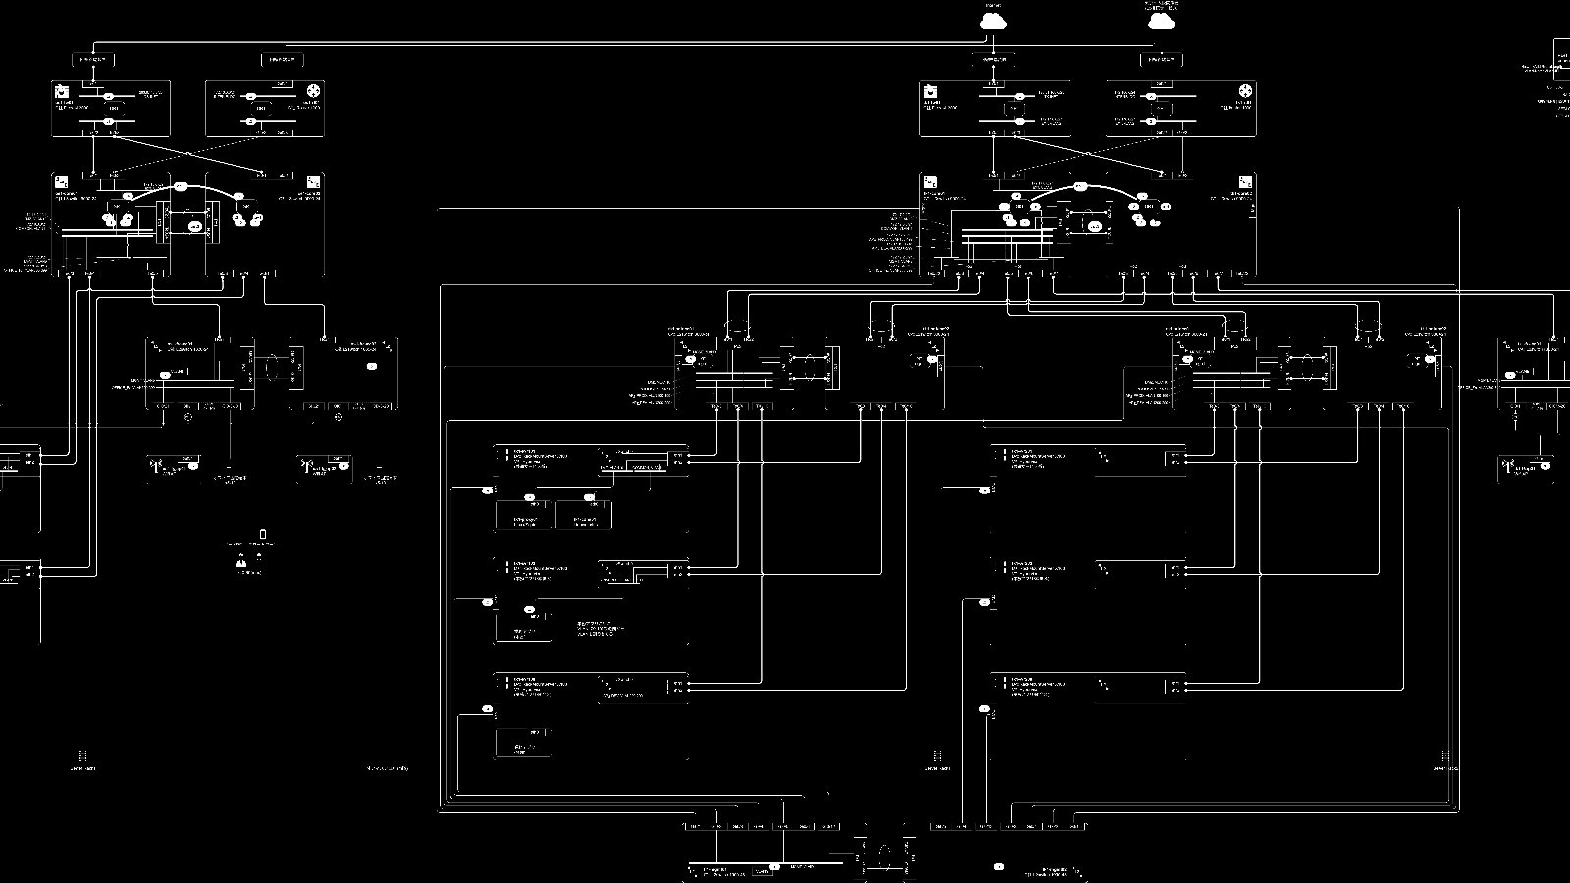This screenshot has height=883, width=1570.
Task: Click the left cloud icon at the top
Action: (x=993, y=20)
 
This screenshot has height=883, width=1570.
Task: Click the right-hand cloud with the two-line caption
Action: (x=1162, y=20)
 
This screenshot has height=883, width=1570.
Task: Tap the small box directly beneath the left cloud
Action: (x=993, y=60)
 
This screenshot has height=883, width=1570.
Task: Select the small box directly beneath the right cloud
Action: (x=1162, y=60)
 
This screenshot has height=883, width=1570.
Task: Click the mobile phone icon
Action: (x=262, y=535)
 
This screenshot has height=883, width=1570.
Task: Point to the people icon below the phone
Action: (x=240, y=561)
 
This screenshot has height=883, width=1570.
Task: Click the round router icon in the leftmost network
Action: (x=314, y=92)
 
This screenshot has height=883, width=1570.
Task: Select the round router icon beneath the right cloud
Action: (x=1244, y=92)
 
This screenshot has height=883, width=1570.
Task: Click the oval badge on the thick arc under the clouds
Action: (x=1080, y=185)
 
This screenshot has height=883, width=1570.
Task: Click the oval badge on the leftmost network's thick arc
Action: (x=181, y=185)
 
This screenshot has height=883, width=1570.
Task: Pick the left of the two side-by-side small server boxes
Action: (x=524, y=515)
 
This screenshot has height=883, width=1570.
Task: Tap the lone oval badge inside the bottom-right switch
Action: (x=999, y=866)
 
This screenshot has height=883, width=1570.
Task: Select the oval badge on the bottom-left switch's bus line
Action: (x=774, y=866)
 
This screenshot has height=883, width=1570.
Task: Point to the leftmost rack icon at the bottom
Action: (x=83, y=756)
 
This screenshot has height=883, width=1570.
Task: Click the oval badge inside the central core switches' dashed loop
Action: (x=1095, y=226)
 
